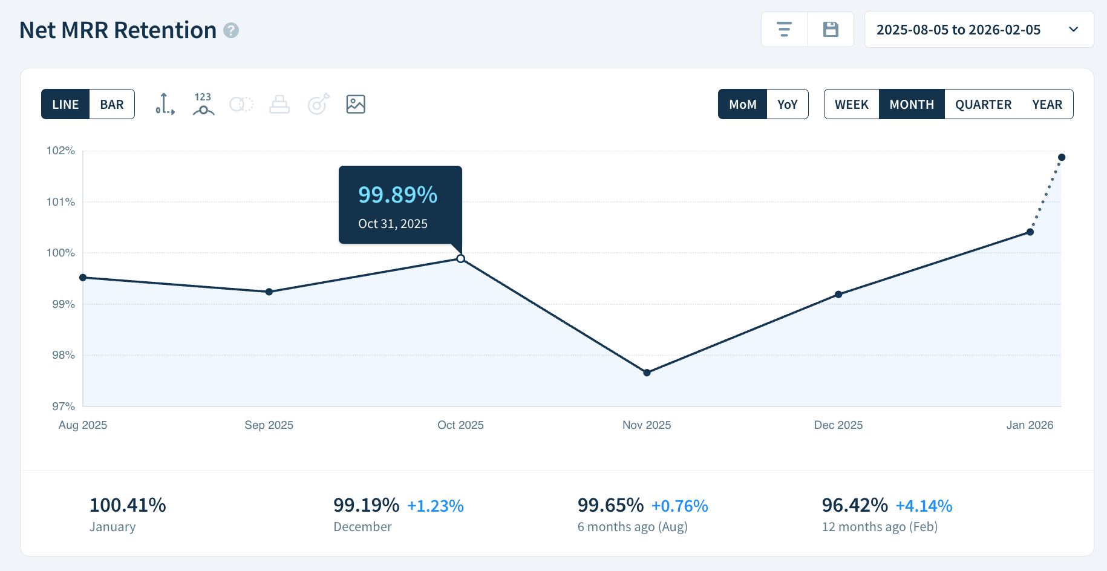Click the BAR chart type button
click(112, 105)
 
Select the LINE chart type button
click(65, 105)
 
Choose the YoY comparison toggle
click(787, 105)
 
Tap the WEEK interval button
click(851, 105)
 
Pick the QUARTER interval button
click(983, 105)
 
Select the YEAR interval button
click(1047, 105)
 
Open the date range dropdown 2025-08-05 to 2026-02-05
click(978, 30)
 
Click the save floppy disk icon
click(831, 30)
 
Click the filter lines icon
click(784, 30)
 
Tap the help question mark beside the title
click(231, 30)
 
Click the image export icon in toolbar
click(356, 104)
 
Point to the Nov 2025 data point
click(647, 373)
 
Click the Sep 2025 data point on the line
click(269, 292)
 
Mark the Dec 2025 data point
click(838, 295)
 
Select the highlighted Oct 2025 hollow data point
click(461, 259)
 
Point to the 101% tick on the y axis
click(60, 202)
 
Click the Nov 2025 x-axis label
click(647, 425)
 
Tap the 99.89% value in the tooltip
click(397, 195)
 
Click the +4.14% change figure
click(924, 506)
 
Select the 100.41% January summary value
click(128, 505)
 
